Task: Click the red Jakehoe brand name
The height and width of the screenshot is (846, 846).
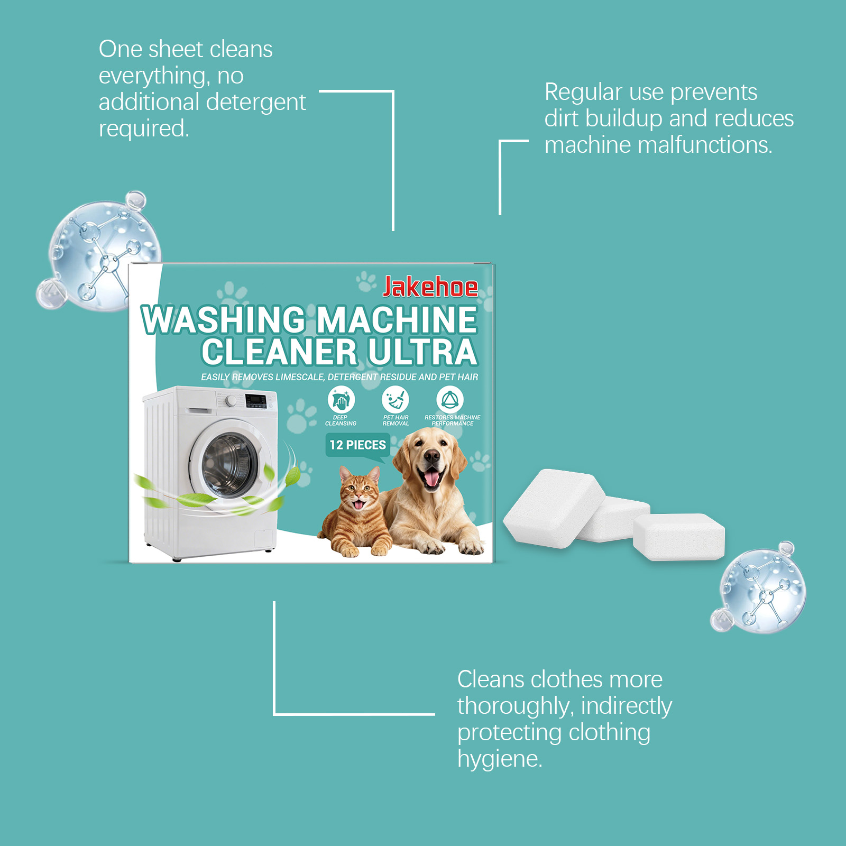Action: [x=430, y=287]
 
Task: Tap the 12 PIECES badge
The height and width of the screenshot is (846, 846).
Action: [x=357, y=445]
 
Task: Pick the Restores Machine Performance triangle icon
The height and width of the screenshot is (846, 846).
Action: [x=450, y=399]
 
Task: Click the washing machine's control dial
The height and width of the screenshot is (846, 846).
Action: [x=231, y=401]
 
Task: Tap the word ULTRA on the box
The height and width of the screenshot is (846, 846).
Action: [x=422, y=352]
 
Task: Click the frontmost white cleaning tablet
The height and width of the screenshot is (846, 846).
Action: [x=679, y=536]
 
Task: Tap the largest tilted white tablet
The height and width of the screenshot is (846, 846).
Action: [x=554, y=508]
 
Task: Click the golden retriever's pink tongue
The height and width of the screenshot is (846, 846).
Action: [x=432, y=479]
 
